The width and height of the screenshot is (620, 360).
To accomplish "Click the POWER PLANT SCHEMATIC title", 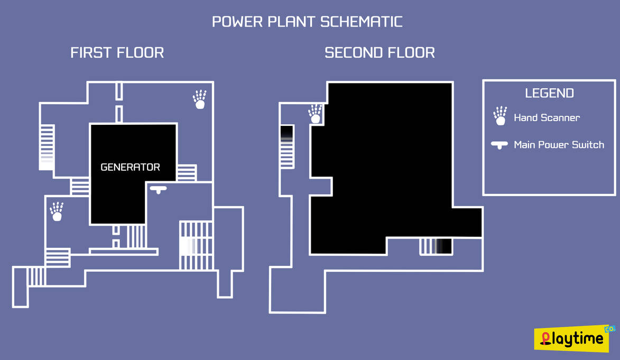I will [x=307, y=22].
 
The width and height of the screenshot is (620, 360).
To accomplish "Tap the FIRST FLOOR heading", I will [x=117, y=53].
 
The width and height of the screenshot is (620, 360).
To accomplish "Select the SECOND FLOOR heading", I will [x=380, y=53].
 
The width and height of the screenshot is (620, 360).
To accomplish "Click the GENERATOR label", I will [x=130, y=167].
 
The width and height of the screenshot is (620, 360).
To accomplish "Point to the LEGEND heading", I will [x=549, y=94].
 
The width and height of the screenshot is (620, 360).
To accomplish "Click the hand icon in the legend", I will [x=500, y=116].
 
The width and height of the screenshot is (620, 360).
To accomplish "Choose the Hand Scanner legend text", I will [x=547, y=118].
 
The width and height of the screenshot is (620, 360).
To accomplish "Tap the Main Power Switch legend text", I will [x=559, y=145].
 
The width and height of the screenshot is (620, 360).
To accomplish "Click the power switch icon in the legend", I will [x=499, y=145].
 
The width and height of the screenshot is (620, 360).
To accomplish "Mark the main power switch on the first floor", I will [x=158, y=189].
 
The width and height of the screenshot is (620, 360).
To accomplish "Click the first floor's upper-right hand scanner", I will [x=199, y=99].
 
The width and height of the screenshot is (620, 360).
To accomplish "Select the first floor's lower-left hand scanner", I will [x=57, y=211].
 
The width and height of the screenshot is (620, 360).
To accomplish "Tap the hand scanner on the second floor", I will [x=315, y=114].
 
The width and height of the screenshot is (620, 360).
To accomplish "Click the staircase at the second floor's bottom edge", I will [x=436, y=246].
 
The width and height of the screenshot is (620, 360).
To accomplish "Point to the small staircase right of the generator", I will [x=186, y=173].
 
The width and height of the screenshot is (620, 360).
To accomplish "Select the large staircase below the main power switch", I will [x=196, y=246].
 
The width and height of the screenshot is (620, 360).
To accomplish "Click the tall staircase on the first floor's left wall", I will [x=47, y=147].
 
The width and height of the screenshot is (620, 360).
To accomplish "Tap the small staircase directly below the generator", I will [x=136, y=236].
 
